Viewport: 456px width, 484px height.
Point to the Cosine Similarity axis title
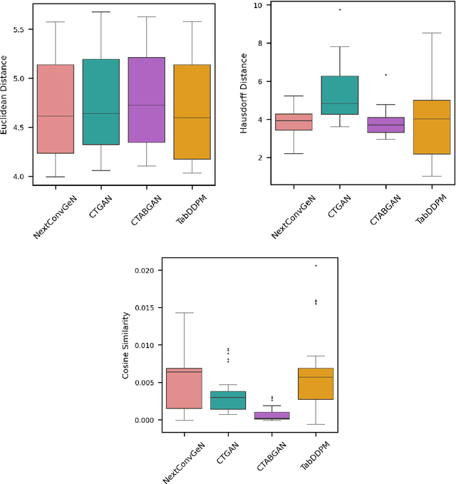coord(126,344)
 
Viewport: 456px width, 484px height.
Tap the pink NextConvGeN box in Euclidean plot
coord(55,109)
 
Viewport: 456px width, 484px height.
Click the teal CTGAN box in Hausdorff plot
coord(339,95)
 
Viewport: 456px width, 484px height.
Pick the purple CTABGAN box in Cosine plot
coord(271,415)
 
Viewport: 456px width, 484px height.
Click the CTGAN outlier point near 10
coord(339,10)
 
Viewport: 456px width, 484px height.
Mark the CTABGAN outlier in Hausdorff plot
coord(386,75)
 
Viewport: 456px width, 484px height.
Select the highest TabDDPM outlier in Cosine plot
coord(316,266)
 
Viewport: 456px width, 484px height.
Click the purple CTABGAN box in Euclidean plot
coord(146,100)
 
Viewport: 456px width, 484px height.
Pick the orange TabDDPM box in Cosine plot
coord(316,383)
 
